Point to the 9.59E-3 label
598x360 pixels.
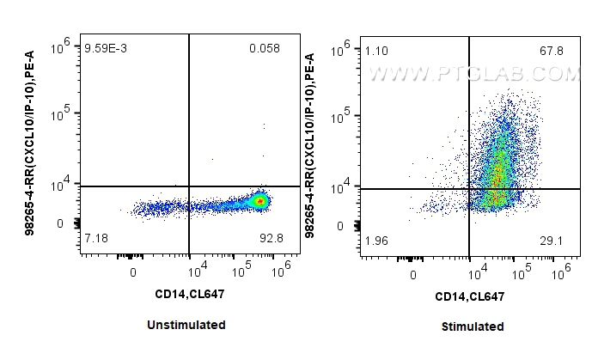[x=105, y=49]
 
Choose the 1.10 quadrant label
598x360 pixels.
[x=375, y=52]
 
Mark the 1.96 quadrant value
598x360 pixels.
[x=375, y=240]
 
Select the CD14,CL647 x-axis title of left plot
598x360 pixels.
[x=189, y=294]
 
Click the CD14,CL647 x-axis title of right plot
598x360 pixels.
[x=469, y=296]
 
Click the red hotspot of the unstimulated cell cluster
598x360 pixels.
[x=259, y=201]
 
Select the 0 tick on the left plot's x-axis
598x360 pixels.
[x=133, y=272]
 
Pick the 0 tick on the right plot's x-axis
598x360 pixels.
[x=414, y=275]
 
